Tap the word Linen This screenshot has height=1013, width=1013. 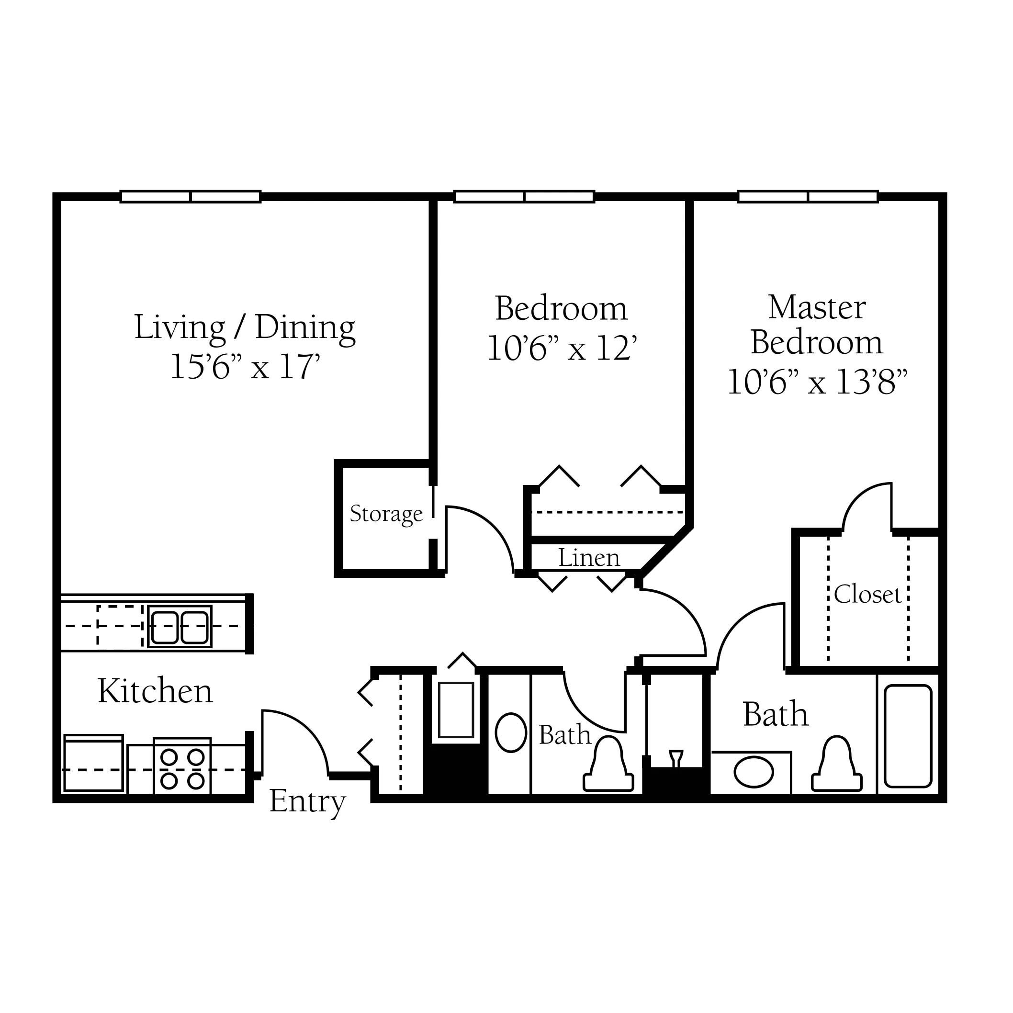[x=589, y=557]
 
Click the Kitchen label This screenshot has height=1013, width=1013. [x=155, y=691]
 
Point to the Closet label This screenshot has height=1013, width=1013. [x=867, y=595]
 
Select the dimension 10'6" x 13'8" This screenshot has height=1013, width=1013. [x=817, y=382]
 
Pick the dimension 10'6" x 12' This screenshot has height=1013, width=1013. [x=562, y=348]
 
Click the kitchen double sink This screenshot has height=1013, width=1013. [x=180, y=627]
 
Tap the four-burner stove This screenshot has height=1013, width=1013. [x=182, y=766]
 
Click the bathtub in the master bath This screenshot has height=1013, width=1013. [x=908, y=737]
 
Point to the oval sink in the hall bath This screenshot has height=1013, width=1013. [x=511, y=732]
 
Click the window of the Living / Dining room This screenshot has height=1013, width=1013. [x=191, y=197]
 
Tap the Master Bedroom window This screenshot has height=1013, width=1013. [x=808, y=197]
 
